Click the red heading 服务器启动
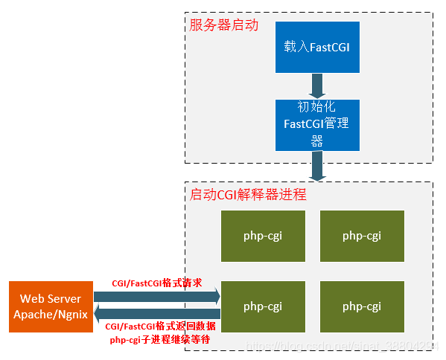pyautogui.click(x=224, y=25)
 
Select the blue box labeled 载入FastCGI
pyautogui.click(x=317, y=46)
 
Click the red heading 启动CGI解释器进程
pyautogui.click(x=248, y=195)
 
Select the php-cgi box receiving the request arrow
pyautogui.click(x=262, y=306)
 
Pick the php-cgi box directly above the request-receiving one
pyautogui.click(x=262, y=236)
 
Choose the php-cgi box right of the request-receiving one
pyautogui.click(x=362, y=306)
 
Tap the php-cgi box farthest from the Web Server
pyautogui.click(x=362, y=236)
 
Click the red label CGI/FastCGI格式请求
pyautogui.click(x=156, y=283)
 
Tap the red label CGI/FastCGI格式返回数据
pyautogui.click(x=161, y=327)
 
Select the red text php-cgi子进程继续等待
pyautogui.click(x=159, y=339)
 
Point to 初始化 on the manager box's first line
pyautogui.click(x=317, y=108)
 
